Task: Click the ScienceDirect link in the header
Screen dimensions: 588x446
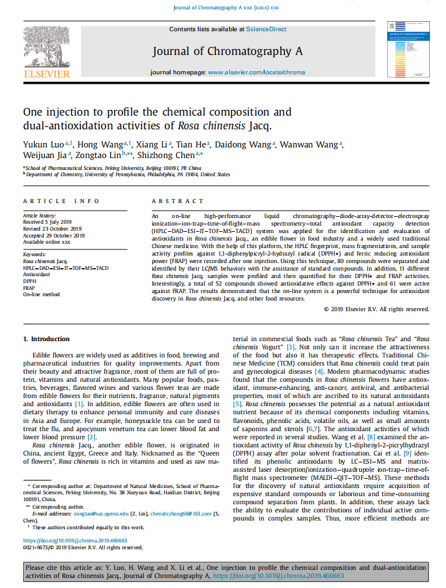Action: [x=266, y=29]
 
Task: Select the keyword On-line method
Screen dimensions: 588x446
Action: [x=43, y=294]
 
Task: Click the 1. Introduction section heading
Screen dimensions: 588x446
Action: [x=46, y=339]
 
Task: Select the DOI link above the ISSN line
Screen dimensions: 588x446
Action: [x=75, y=541]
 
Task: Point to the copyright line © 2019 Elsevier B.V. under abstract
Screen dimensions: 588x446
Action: [x=377, y=309]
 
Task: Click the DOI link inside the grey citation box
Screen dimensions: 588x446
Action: [x=278, y=576]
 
